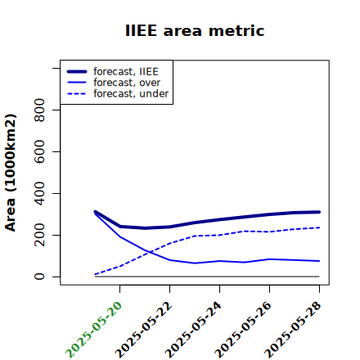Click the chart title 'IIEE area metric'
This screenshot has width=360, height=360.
(x=195, y=30)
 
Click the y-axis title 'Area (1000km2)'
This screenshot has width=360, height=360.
(x=11, y=173)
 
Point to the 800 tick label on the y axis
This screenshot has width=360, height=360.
(x=39, y=110)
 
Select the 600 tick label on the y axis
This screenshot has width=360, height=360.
(x=39, y=151)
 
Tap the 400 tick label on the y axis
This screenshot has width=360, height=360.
(x=39, y=193)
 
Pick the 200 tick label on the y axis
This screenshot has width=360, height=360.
(x=39, y=235)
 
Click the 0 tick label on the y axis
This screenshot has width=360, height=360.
(x=39, y=277)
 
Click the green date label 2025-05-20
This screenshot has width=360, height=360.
(x=94, y=330)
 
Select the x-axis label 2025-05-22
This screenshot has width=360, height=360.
(x=144, y=330)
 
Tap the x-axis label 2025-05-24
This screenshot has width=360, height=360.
(x=193, y=330)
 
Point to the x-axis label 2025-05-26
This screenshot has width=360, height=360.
(x=243, y=330)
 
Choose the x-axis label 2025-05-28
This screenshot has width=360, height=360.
(x=293, y=330)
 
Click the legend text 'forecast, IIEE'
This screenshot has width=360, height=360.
(x=126, y=72)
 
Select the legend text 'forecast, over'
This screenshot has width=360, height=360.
(x=127, y=83)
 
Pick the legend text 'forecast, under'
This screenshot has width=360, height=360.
(x=131, y=93)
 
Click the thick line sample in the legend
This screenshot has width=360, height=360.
(x=77, y=71)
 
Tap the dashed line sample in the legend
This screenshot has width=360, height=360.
(x=77, y=93)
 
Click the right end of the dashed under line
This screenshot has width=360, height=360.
(x=319, y=227)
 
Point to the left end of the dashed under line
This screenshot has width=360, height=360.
(x=95, y=274)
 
